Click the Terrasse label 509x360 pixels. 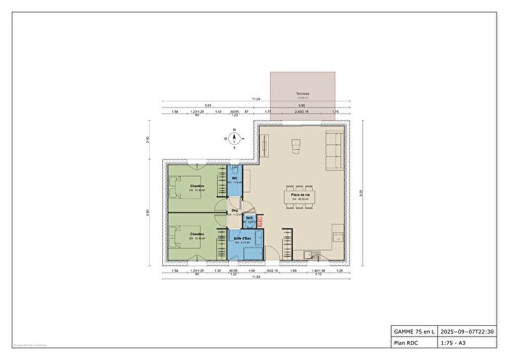[302, 95]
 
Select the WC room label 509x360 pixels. [235, 178]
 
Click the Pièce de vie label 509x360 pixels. [301, 195]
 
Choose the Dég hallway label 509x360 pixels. [235, 211]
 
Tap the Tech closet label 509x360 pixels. [249, 217]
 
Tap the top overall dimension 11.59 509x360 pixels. [256, 99]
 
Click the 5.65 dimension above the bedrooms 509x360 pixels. [208, 105]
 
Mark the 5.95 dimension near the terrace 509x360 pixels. [300, 105]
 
